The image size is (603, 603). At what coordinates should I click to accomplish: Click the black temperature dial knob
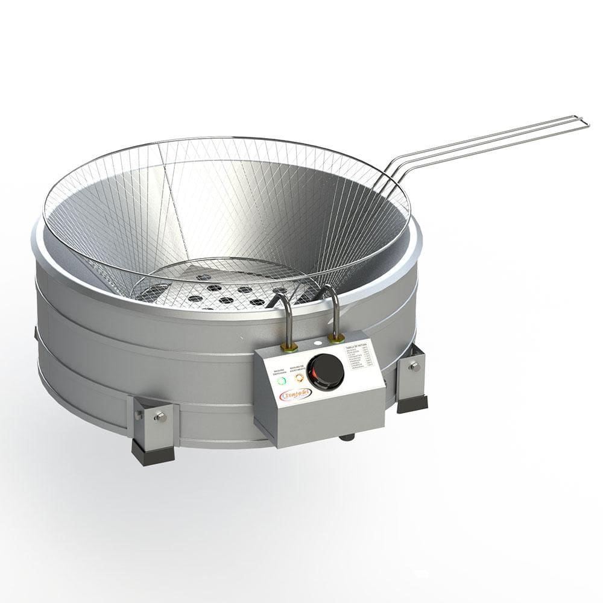(x=326, y=371)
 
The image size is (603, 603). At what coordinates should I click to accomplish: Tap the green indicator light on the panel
(x=281, y=380)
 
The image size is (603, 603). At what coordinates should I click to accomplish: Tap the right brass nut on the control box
(x=337, y=338)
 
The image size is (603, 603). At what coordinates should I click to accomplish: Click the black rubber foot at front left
(x=153, y=452)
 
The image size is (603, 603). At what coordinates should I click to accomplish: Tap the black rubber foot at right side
(x=412, y=403)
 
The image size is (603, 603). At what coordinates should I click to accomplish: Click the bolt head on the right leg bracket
(x=415, y=366)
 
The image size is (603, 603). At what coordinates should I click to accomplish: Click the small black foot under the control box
(x=346, y=437)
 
